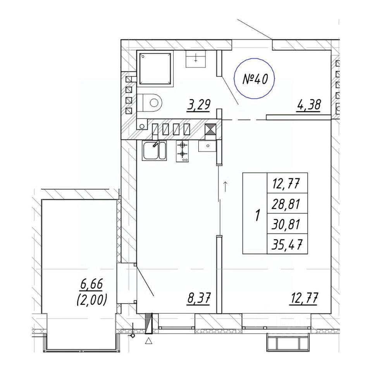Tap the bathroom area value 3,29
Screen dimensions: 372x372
[x=199, y=105]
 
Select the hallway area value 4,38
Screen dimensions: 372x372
[x=308, y=105]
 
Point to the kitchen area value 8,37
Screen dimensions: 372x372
[x=199, y=298]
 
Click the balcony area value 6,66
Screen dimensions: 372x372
[x=91, y=284]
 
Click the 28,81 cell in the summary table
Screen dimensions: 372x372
[x=287, y=204]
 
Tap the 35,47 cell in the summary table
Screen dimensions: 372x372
[x=287, y=245]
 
